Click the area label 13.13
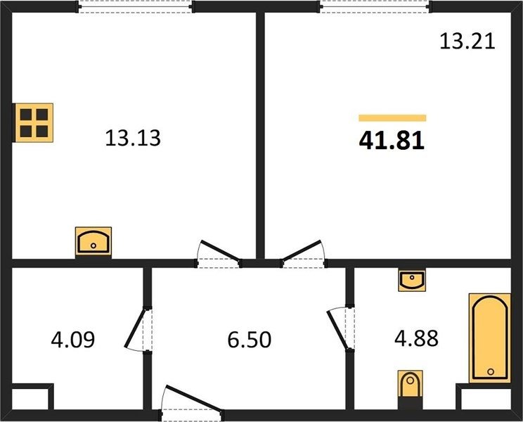[133, 138]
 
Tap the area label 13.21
[467, 41]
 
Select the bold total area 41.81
[392, 140]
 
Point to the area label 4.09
[72, 339]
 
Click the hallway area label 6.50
[249, 340]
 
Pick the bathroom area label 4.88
[416, 338]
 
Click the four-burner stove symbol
[33, 123]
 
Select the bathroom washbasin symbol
[412, 280]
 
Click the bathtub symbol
[490, 338]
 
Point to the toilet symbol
[411, 383]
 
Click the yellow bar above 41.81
[392, 117]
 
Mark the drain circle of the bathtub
[491, 371]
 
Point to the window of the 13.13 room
[135, 6]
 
